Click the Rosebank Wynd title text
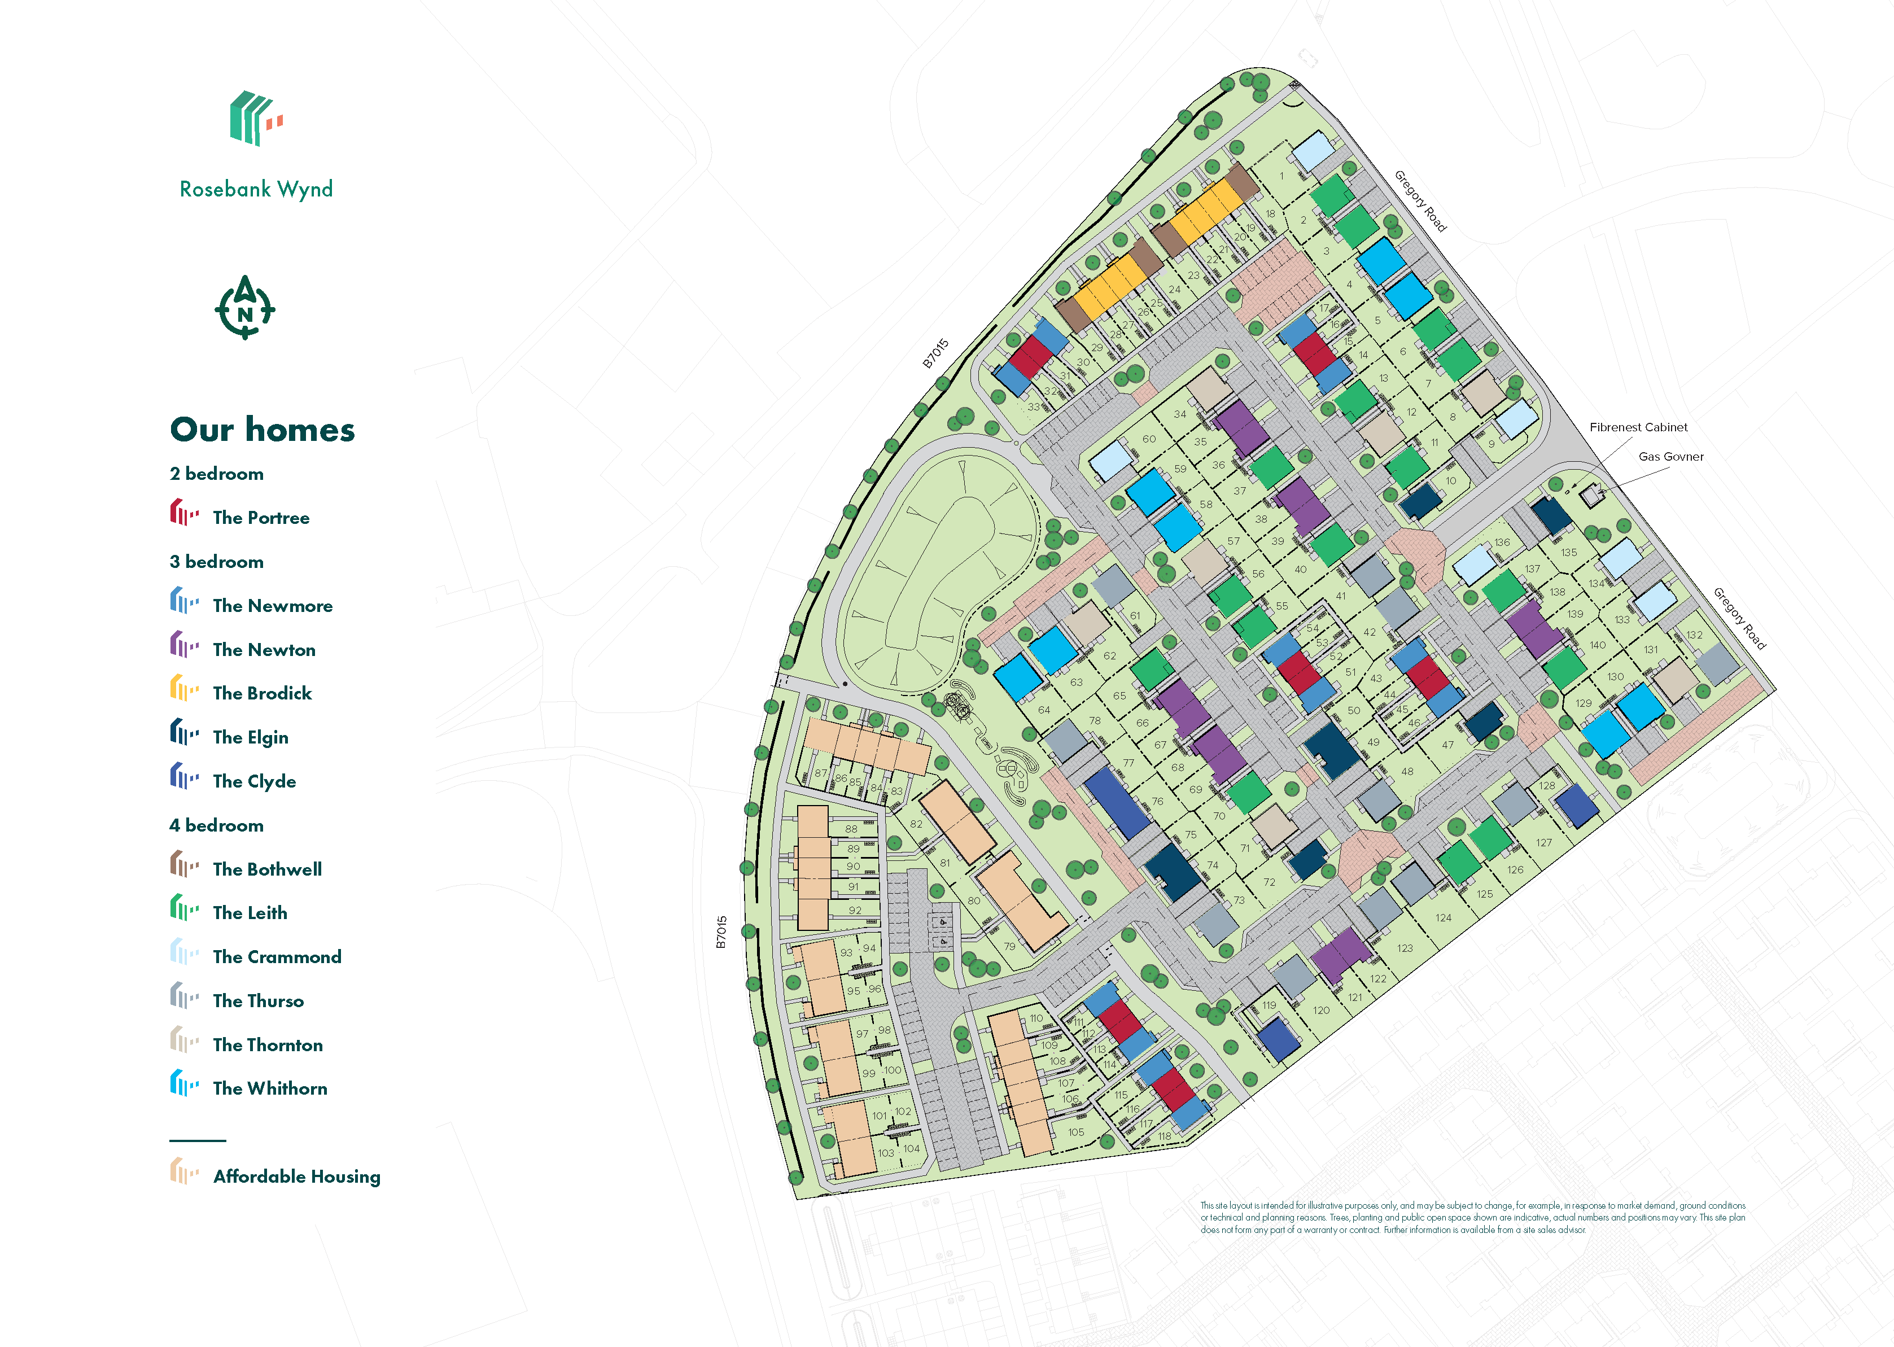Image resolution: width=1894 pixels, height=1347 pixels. (x=256, y=189)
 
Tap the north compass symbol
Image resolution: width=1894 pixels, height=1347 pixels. (x=244, y=309)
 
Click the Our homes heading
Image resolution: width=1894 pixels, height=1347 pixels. (x=262, y=430)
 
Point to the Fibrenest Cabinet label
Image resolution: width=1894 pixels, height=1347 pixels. (x=1638, y=427)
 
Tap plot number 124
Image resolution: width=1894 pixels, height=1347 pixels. (x=1443, y=918)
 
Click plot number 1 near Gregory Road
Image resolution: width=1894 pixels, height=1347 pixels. (x=1281, y=176)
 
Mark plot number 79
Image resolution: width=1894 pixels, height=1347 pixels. (x=1009, y=946)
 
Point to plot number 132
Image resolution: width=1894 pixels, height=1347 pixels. (x=1694, y=635)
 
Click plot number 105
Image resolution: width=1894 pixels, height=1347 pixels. (x=1075, y=1132)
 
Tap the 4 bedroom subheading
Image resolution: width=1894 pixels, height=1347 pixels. (x=216, y=825)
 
